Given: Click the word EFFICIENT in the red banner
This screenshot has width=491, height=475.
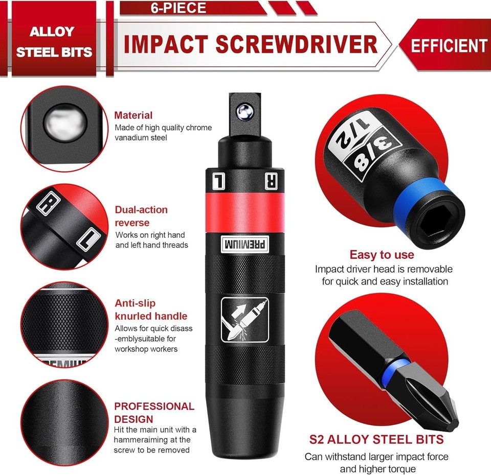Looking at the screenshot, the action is click(449, 45).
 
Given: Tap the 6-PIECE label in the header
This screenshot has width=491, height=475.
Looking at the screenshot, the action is click(178, 8).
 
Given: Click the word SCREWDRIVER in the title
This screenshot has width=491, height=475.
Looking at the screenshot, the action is click(296, 44).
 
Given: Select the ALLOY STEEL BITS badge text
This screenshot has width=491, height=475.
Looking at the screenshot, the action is click(54, 42).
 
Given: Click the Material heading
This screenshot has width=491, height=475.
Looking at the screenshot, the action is click(133, 115).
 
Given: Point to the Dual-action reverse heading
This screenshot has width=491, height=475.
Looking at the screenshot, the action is click(141, 216).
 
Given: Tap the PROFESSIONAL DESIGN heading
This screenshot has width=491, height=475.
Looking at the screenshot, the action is click(154, 413).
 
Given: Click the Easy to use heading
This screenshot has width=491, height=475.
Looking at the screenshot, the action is click(382, 254).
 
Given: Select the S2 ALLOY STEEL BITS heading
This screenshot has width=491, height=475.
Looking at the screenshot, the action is click(376, 439).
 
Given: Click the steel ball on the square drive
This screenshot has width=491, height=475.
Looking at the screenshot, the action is click(245, 111).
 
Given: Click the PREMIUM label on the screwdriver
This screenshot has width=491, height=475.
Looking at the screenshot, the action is click(245, 244).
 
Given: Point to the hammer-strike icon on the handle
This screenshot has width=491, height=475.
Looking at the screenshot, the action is click(245, 320).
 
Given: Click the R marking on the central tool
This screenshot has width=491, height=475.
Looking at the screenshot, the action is click(271, 181).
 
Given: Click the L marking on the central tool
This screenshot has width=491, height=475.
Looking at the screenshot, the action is click(218, 181).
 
